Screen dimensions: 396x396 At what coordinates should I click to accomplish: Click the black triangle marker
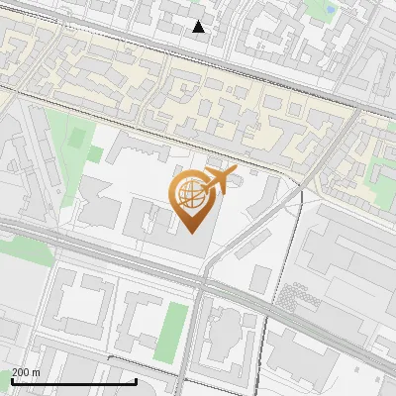199,27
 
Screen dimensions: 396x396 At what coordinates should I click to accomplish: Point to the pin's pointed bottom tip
192,234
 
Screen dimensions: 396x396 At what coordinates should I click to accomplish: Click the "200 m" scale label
26,372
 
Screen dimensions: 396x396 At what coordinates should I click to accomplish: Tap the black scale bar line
73,381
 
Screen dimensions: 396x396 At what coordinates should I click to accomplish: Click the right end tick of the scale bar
136,379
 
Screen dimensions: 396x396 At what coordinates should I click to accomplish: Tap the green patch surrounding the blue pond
319,12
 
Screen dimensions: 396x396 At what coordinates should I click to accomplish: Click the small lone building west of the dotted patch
260,279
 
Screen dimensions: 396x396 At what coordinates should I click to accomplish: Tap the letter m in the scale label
36,372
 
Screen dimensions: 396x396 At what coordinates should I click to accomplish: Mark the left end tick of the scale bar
12,379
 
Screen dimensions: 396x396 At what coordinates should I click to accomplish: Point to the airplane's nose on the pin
234,174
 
